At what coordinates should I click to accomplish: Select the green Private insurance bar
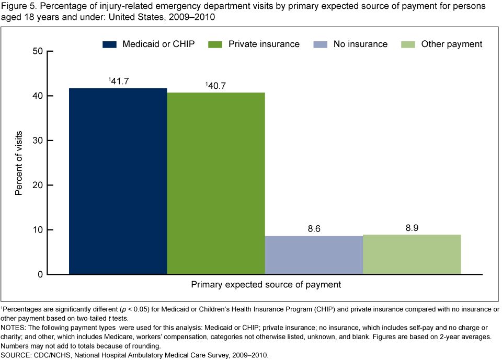coord(216,183)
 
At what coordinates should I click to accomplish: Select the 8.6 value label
coord(314,228)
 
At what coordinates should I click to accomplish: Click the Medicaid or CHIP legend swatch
coord(109,44)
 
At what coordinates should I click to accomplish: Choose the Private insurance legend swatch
coord(215,44)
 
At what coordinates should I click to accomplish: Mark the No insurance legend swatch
coord(320,44)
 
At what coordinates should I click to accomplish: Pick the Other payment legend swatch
coord(408,44)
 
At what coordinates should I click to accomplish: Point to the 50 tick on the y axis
coord(37,51)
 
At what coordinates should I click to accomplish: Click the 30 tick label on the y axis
coord(37,141)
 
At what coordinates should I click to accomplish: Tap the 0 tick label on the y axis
coord(40,274)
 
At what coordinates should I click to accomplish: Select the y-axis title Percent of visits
coord(19,163)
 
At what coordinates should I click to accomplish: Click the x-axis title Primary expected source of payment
coord(266,285)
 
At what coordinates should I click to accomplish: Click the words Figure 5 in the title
coord(17,7)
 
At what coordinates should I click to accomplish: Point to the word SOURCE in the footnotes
coord(15,355)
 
